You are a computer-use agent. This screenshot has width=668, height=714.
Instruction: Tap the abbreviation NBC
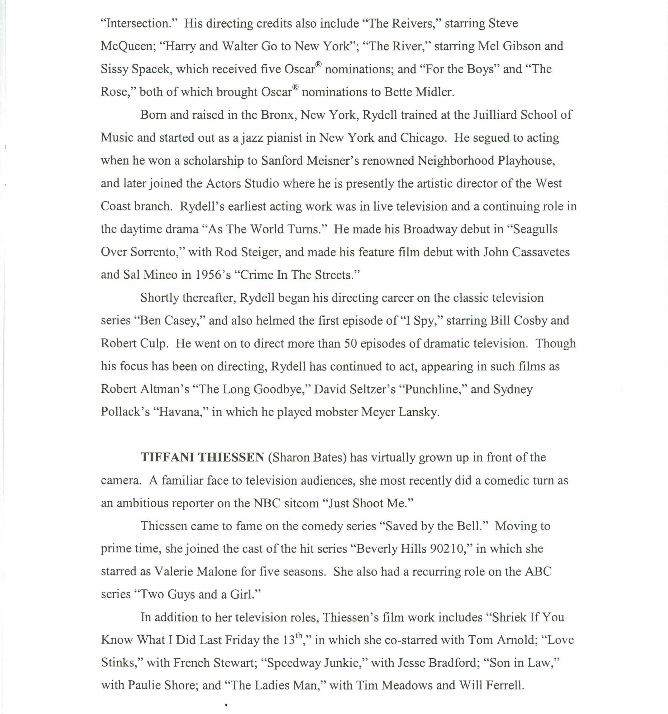pyautogui.click(x=266, y=503)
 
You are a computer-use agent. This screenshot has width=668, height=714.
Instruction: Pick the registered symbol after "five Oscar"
pyautogui.click(x=318, y=65)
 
